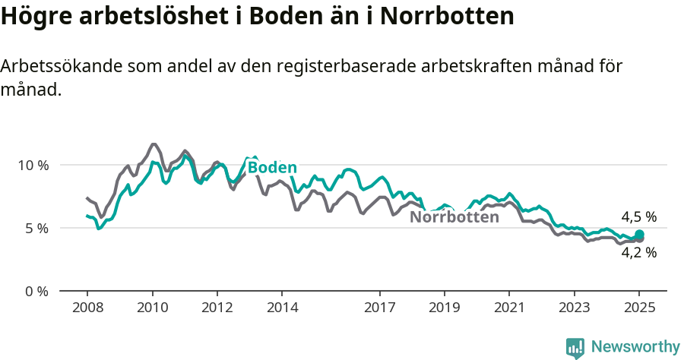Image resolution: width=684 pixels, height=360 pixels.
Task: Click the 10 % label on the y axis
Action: pos(33,165)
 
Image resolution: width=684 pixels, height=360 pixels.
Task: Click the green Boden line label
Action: pos(272,168)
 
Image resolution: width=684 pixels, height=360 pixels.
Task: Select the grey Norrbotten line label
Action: pos(454,217)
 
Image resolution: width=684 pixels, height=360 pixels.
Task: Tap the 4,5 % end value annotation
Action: pos(638,217)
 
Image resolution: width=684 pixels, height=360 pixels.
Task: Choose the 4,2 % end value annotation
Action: pos(638,253)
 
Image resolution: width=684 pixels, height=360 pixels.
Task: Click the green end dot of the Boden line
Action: pos(639,235)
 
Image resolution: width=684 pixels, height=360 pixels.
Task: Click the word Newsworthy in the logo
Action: pos(635,347)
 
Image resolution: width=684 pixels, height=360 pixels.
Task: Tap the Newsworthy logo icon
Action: pos(575,348)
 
